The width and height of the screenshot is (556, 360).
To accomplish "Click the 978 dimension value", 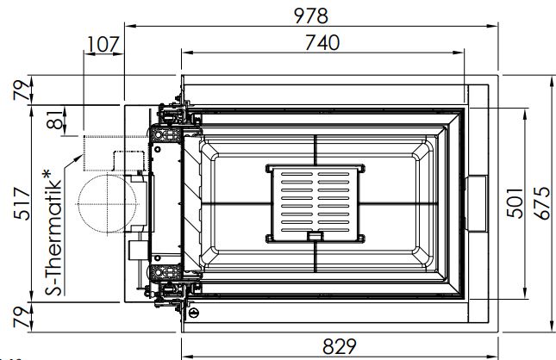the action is pyautogui.click(x=311, y=16).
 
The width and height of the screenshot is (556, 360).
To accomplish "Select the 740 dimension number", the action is pyautogui.click(x=322, y=43).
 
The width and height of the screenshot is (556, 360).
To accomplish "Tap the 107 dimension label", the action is pyautogui.click(x=103, y=45).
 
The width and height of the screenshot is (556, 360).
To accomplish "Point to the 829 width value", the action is pyautogui.click(x=340, y=346).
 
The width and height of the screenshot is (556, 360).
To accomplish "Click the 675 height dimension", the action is pyautogui.click(x=542, y=203).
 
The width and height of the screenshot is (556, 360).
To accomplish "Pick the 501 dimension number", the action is pyautogui.click(x=515, y=203).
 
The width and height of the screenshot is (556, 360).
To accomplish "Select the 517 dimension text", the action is pyautogui.click(x=22, y=203).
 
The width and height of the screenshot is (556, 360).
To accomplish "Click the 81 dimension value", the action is pyautogui.click(x=54, y=119).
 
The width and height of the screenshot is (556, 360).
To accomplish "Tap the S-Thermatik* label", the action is pyautogui.click(x=53, y=233).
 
